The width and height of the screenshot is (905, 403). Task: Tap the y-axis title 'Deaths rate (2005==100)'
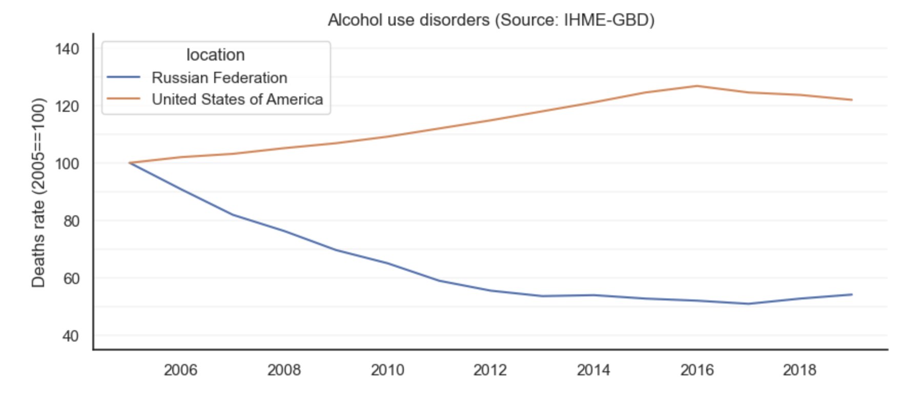(38, 192)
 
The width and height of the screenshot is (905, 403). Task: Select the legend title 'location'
(215, 55)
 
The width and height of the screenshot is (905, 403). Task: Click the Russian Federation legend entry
(219, 77)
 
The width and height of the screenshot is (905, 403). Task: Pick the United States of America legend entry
(237, 99)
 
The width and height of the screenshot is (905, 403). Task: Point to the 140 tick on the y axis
(67, 49)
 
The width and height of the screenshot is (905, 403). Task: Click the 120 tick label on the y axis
(67, 107)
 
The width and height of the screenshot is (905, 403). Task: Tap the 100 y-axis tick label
(67, 164)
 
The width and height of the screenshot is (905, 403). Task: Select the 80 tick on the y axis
(70, 221)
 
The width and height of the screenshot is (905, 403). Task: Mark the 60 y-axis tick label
(70, 278)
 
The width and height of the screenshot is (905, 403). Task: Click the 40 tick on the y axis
(70, 336)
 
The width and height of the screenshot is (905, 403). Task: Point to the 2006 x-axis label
(180, 370)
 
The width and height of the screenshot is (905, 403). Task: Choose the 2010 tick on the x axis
(387, 370)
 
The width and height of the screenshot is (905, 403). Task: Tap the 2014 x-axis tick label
(593, 370)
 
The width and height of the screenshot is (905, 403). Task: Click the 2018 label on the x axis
(799, 370)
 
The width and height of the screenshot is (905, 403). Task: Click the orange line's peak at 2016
(697, 86)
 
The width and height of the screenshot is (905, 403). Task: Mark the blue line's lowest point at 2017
(748, 304)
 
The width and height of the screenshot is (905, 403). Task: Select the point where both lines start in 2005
(129, 163)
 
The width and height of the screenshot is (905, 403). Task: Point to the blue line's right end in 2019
(852, 294)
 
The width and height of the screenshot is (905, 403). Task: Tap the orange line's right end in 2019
(852, 100)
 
